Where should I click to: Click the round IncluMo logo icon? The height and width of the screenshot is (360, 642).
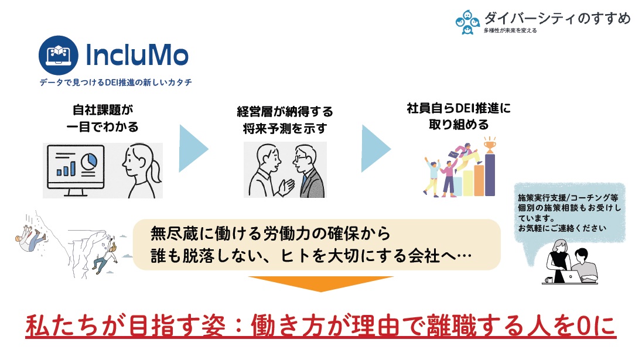58,55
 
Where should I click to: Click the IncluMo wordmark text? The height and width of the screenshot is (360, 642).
136,55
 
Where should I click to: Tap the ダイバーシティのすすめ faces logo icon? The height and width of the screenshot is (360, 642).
467,22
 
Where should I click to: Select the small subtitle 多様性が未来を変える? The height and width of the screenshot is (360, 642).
510,30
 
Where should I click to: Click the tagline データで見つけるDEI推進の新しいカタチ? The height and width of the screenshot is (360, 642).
116,82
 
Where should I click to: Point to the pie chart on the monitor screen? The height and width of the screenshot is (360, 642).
89,161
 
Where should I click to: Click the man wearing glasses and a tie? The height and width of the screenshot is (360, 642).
308,171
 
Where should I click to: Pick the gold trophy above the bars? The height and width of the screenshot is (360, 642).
490,145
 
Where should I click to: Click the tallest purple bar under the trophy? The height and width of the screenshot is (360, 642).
490,174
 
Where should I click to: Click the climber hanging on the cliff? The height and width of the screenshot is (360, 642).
105,256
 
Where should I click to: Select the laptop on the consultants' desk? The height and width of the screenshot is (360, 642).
571,276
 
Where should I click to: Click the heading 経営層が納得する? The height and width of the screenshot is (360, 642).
285,112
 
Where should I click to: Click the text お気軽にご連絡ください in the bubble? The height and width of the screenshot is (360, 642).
562,228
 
